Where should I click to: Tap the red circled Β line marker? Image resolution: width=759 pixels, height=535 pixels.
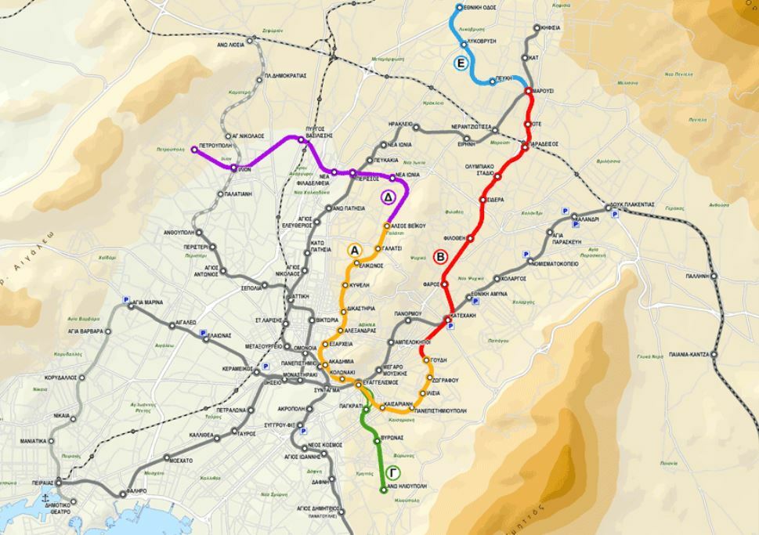pyautogui.click(x=440, y=256)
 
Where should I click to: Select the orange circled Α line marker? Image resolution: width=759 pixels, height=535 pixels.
pyautogui.click(x=354, y=251)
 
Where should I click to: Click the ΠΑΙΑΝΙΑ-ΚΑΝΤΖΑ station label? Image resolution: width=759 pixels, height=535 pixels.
pyautogui.click(x=689, y=354)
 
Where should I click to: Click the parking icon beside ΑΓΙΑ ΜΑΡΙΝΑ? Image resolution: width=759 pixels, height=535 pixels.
pyautogui.click(x=125, y=298)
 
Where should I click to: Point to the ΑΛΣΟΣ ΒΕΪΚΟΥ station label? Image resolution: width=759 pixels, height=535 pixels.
pyautogui.click(x=409, y=226)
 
